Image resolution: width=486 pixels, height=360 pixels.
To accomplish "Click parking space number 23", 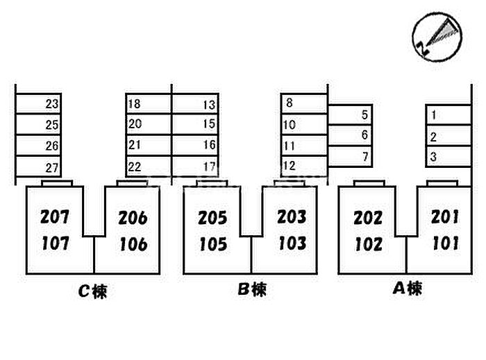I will [x=51, y=105].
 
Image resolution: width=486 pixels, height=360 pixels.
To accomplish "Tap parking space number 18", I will [x=135, y=105].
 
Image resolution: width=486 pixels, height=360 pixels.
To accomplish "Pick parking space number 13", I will [x=209, y=105].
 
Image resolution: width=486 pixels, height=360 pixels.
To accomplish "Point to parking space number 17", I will [x=209, y=166].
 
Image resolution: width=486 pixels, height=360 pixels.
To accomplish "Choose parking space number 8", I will [x=289, y=103].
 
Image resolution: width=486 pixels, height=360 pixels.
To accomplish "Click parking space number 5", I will [x=364, y=115].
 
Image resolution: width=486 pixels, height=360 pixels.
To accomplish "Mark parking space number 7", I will [x=364, y=156].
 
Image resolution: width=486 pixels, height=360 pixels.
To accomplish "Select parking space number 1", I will [x=433, y=115].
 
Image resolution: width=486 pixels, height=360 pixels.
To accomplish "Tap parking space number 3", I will [x=433, y=157].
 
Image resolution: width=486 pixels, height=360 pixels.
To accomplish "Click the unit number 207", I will [x=55, y=217].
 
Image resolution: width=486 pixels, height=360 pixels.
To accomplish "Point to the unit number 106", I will [x=132, y=244].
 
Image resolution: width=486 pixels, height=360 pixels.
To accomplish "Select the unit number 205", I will [x=212, y=218].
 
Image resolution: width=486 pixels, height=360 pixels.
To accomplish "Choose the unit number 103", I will [x=292, y=243].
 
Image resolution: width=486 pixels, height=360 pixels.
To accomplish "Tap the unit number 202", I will [x=368, y=218].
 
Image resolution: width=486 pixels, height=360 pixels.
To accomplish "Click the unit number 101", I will [x=445, y=243].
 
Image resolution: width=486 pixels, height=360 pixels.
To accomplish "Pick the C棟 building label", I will [x=93, y=292].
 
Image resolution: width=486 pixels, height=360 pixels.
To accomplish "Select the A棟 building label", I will [x=405, y=289].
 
